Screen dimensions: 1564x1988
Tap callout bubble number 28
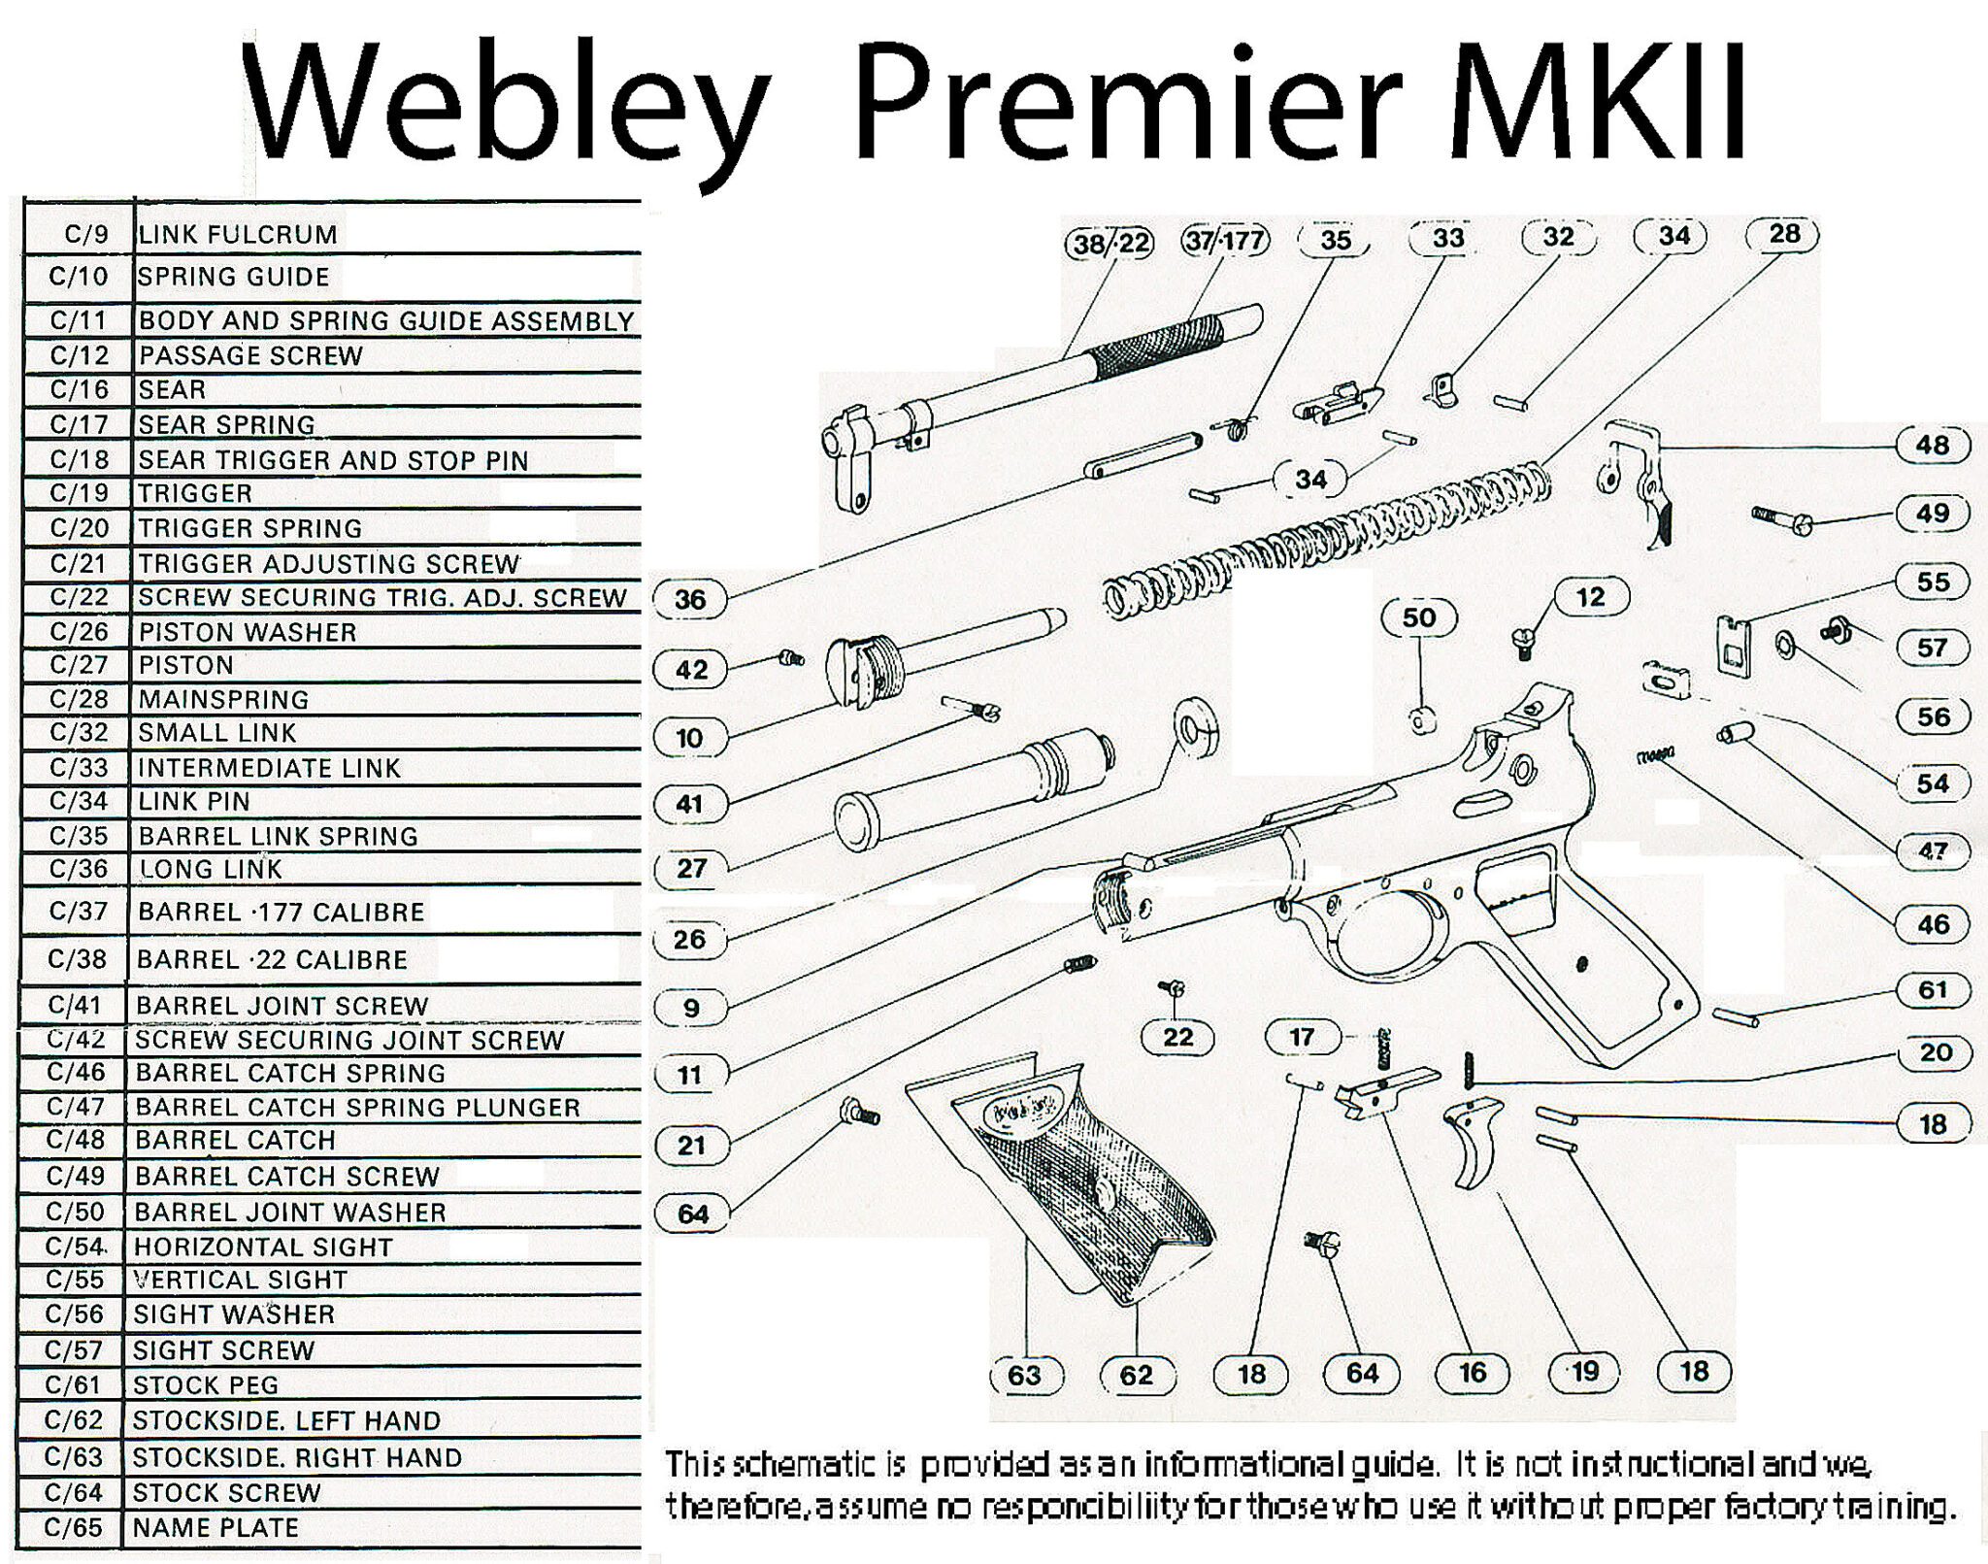[x=1783, y=234]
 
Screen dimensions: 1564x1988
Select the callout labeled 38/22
[x=1111, y=243]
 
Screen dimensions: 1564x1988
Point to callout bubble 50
[x=1418, y=617]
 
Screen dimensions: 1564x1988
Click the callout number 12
[x=1590, y=596]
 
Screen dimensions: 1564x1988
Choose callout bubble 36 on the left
[x=690, y=599]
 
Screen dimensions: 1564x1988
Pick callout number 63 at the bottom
[x=1025, y=1374]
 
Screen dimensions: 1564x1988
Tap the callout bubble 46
[x=1932, y=923]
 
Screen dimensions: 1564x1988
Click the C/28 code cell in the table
[x=79, y=699]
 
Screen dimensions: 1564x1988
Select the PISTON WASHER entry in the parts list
[x=248, y=632]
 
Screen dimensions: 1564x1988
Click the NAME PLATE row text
[x=215, y=1527]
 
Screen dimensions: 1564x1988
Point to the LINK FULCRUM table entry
[x=238, y=234]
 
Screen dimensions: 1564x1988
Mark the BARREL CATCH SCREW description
[x=287, y=1176]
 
